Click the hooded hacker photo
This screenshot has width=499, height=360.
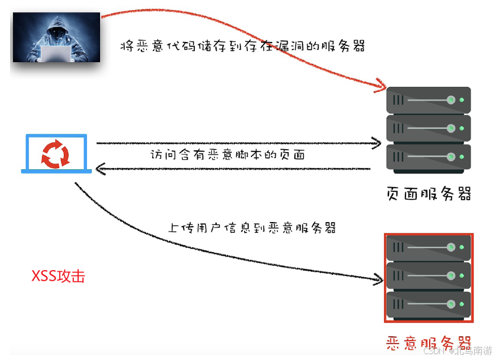(56, 37)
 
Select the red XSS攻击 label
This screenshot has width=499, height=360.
(58, 276)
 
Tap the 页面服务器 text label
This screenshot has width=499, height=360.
(429, 193)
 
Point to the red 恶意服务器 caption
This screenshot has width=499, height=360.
(429, 343)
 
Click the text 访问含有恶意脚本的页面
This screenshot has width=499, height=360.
(227, 155)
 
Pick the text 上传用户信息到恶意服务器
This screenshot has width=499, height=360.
(252, 227)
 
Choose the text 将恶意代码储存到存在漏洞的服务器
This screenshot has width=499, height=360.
(242, 47)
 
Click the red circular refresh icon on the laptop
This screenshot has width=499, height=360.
(55, 153)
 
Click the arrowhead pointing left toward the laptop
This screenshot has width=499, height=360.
(101, 170)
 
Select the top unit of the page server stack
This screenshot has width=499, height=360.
(429, 100)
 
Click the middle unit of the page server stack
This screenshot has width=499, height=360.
(429, 128)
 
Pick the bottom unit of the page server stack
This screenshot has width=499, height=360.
(429, 157)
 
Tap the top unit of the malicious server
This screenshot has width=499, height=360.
(429, 247)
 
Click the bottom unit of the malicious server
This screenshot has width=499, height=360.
(429, 305)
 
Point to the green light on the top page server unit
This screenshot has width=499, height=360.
(452, 100)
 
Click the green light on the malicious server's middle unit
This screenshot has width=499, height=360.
(452, 276)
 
